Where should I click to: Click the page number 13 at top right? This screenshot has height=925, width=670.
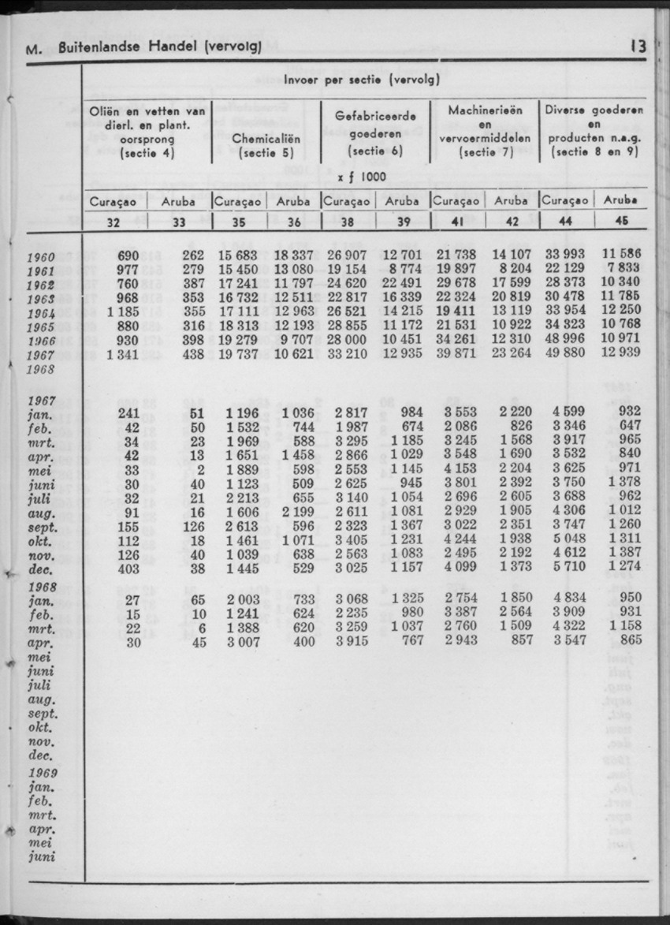click(638, 47)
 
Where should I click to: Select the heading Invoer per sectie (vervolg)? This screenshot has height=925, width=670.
click(362, 80)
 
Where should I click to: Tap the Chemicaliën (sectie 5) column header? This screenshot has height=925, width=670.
click(266, 145)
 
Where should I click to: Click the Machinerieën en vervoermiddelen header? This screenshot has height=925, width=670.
click(485, 132)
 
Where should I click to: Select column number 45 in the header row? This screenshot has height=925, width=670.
click(620, 222)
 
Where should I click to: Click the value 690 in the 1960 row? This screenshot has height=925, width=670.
click(128, 255)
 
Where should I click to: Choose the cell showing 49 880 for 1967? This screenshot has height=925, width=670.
click(565, 354)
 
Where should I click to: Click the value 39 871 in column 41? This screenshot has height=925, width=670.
click(456, 354)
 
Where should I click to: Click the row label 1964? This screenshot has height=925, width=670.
click(41, 312)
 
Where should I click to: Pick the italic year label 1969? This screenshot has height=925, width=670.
click(41, 773)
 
